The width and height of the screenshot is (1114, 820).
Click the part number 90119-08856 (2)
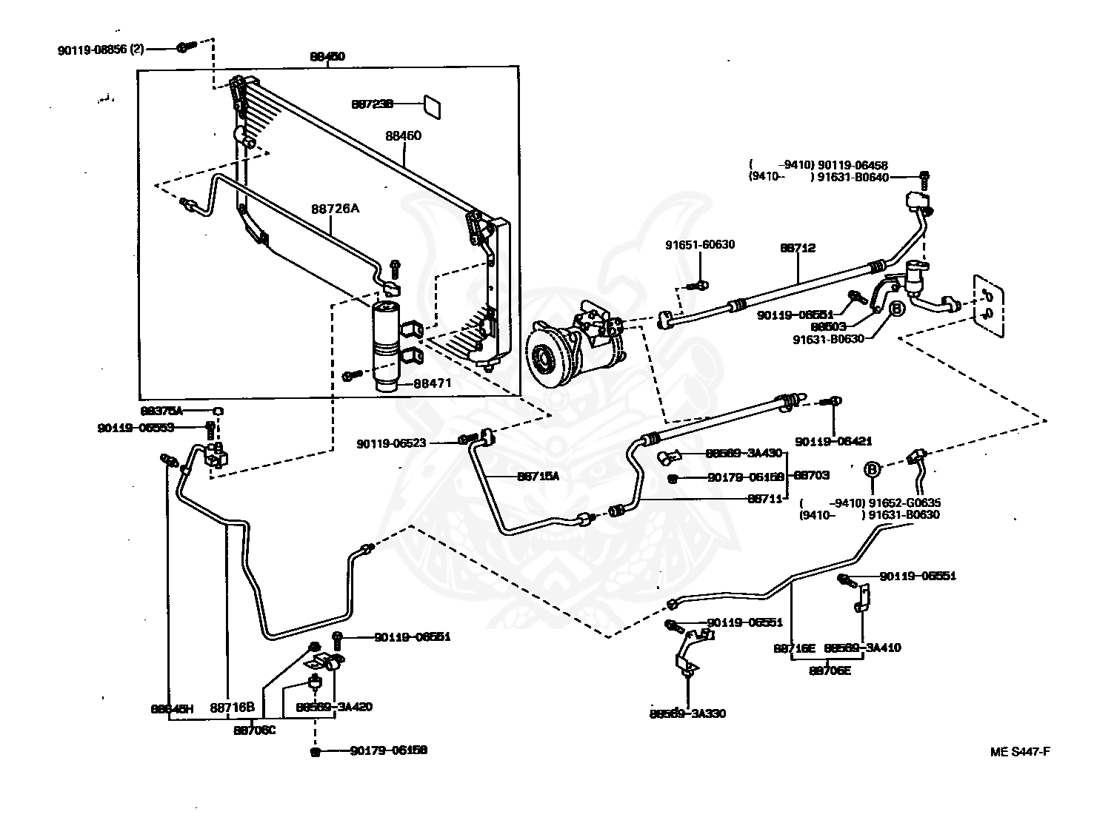101,50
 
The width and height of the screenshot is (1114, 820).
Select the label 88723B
372,105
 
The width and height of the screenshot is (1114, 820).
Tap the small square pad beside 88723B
432,106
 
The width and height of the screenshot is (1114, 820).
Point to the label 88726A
335,209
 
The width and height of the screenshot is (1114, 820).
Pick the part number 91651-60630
700,245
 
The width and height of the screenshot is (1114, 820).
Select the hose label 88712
797,249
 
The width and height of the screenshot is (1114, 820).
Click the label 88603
828,326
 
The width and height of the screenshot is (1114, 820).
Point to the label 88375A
161,411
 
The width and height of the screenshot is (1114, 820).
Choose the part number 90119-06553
136,428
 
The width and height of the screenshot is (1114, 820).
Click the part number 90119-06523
391,443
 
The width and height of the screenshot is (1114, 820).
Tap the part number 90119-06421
834,442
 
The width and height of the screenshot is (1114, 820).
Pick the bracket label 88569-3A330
687,713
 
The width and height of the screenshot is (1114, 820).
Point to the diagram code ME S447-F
1020,752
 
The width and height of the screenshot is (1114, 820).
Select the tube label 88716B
233,708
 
